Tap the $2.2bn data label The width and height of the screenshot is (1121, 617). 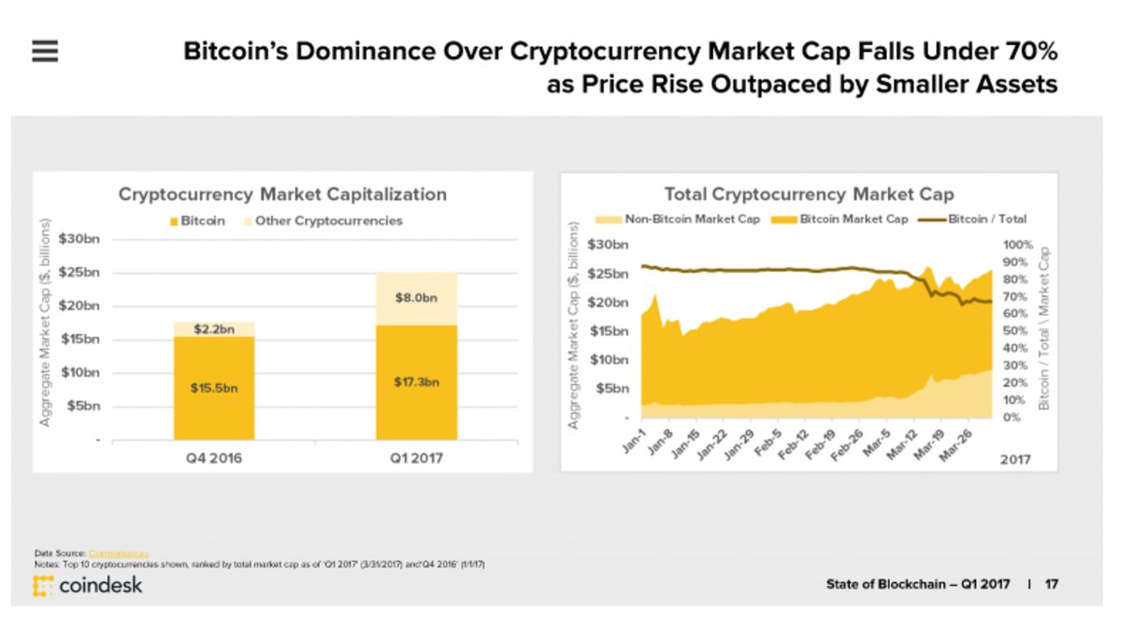(213, 330)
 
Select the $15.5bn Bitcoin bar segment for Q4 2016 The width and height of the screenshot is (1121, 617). (213, 387)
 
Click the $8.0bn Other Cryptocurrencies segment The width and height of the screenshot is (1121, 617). (416, 298)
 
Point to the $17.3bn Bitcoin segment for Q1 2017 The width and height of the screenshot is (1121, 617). (416, 381)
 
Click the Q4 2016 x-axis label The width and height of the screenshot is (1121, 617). (213, 458)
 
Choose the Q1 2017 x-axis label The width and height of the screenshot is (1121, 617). (416, 458)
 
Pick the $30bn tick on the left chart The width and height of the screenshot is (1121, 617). (81, 239)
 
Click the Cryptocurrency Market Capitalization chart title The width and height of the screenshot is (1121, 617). (282, 194)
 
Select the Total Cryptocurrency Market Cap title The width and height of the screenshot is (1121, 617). (809, 194)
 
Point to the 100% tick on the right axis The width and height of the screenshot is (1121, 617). (1013, 244)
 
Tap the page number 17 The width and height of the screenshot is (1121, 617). (1052, 584)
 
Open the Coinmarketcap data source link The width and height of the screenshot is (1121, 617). (119, 553)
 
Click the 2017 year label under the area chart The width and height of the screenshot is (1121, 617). (1017, 458)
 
